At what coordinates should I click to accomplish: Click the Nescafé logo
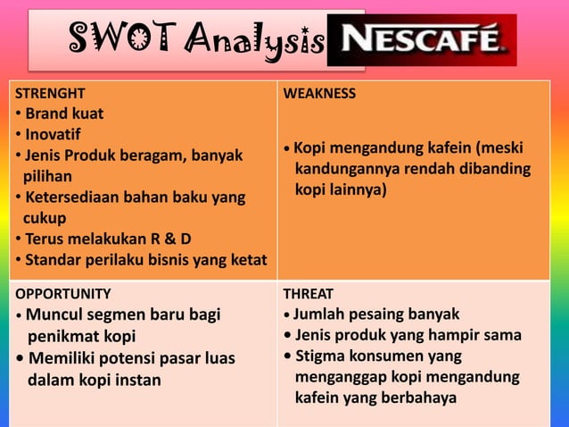tap(421, 39)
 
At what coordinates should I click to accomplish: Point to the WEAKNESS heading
tap(319, 93)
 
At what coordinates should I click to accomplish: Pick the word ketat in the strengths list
tap(250, 260)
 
